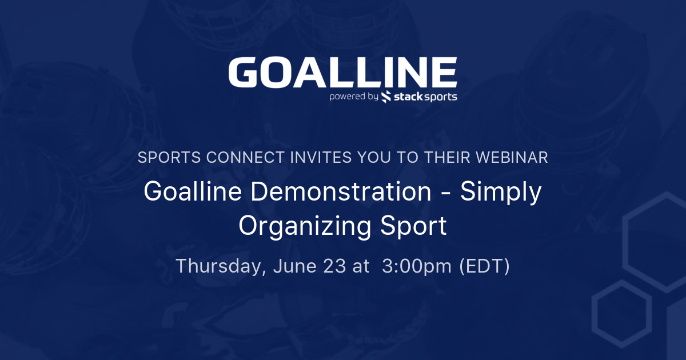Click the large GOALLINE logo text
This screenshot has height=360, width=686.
point(342,73)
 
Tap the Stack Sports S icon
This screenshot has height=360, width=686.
point(386,97)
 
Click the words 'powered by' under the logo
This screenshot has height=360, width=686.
point(354,97)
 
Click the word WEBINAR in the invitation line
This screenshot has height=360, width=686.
point(512,157)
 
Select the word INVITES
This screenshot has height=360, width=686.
point(321,157)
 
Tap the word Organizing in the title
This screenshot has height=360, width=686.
point(305,227)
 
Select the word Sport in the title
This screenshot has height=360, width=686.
point(413,226)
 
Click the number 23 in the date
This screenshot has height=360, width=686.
point(334,266)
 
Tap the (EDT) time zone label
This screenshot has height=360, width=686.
point(485,266)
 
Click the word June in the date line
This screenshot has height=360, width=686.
point(295,266)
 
